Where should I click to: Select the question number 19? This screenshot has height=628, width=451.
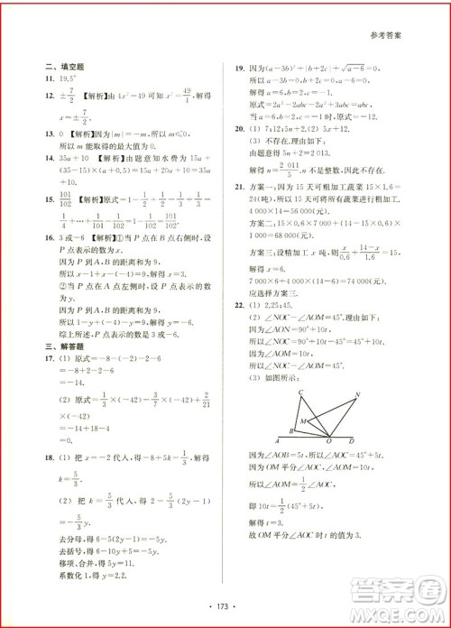[239, 67]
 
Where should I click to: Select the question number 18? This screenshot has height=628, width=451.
[50, 432]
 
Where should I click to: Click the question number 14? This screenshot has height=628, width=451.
[50, 157]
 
